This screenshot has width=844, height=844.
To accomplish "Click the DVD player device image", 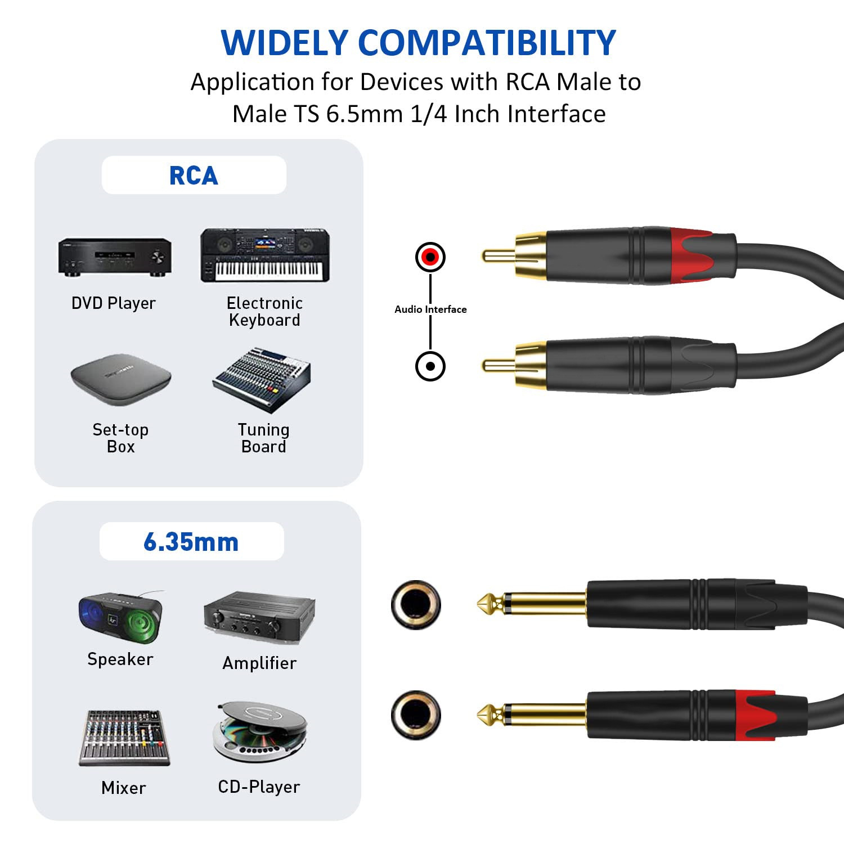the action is point(114,257).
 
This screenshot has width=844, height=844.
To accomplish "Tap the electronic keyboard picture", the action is point(264,255).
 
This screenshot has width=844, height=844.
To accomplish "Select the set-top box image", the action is point(120,379).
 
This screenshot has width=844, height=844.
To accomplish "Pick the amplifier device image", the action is point(259,618).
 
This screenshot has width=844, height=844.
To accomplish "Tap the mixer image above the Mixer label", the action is point(124,738).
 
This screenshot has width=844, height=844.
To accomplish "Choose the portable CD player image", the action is point(260,731).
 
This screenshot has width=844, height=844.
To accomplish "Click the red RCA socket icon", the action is point(430,257).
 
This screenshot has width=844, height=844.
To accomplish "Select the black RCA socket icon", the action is point(430,366).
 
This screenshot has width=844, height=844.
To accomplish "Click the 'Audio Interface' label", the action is point(430,309).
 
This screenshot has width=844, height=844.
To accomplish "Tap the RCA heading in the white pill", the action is point(194,176).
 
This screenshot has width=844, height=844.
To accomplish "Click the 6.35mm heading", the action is point(191,542).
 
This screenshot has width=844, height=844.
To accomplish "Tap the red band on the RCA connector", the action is point(695,255).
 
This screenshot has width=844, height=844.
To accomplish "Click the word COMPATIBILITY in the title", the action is point(487,43).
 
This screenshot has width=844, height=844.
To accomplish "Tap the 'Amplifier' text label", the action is point(259,663).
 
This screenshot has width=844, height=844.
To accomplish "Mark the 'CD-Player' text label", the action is point(259,787).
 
